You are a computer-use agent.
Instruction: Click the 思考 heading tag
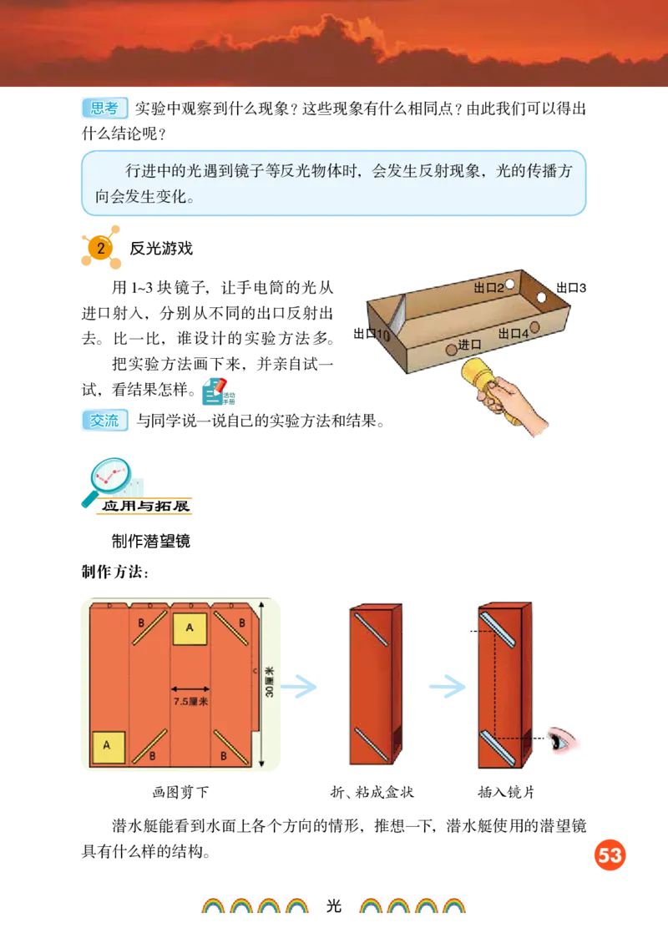pos(106,108)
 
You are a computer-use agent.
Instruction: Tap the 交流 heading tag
pos(106,421)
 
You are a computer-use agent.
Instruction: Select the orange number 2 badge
pos(101,249)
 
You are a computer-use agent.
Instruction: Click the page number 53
pos(610,855)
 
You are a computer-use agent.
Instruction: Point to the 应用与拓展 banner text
pos(145,506)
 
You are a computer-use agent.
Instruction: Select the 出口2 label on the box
pos(488,288)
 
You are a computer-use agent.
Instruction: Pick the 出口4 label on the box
pos(513,334)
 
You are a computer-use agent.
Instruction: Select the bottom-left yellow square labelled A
pos(108,747)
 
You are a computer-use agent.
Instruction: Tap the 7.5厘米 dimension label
pos(190,702)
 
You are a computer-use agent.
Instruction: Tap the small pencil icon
pos(219,391)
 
